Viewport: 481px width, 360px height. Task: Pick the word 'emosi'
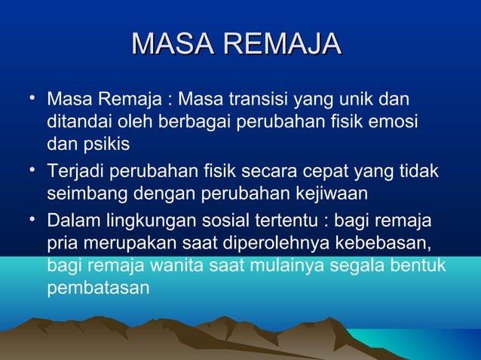pos(397,123)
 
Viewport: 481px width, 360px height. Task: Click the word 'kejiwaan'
pos(332,194)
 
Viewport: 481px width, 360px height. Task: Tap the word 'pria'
pos(61,244)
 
